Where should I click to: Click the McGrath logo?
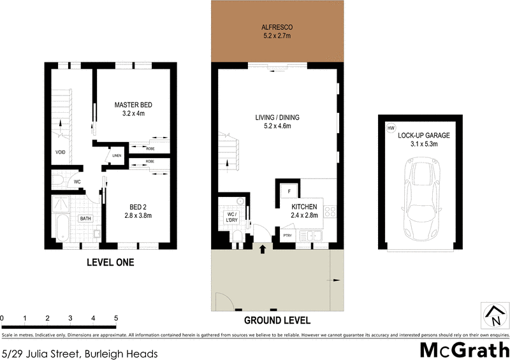coord(464,349)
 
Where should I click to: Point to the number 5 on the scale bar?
coord(116,317)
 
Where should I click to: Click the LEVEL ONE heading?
coord(110,263)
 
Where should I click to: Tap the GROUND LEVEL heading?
coord(277,320)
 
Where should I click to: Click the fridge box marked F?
coord(288,191)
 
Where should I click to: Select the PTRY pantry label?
coord(288,236)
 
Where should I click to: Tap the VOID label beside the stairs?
coord(60,152)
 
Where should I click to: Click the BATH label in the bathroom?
coord(85,219)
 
